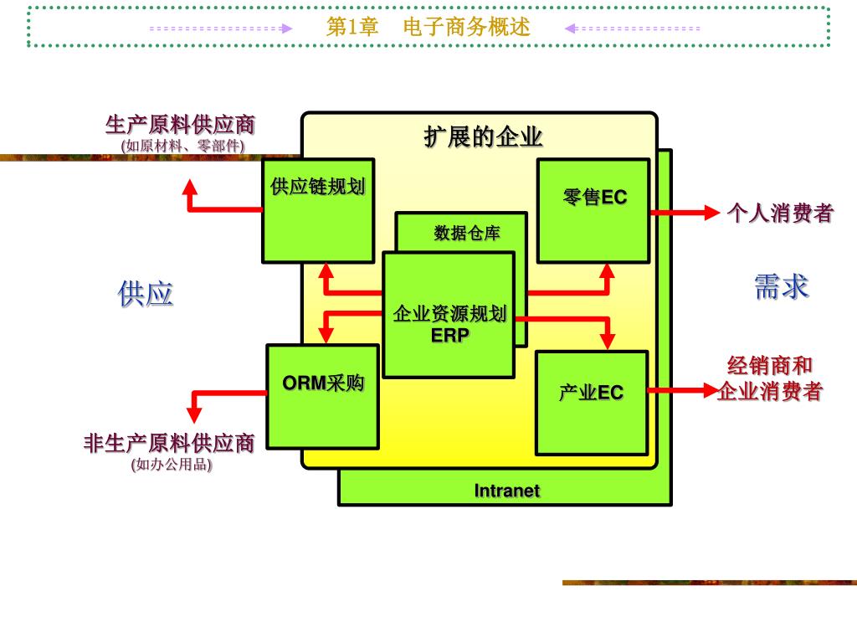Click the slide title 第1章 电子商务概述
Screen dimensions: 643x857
coord(428,28)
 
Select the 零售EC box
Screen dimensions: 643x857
coord(593,210)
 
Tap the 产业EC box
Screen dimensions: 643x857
coord(592,402)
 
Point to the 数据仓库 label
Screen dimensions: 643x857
coord(466,233)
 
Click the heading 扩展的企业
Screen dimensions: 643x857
coord(483,137)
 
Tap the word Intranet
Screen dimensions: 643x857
coord(507,491)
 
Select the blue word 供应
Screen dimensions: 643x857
coord(146,294)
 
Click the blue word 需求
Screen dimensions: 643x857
coord(781,286)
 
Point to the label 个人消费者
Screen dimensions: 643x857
coord(780,213)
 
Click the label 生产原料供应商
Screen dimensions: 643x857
coord(180,126)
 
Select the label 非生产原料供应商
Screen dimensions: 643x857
coord(168,443)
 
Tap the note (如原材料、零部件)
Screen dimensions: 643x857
coord(182,146)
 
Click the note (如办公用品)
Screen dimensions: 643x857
coord(172,464)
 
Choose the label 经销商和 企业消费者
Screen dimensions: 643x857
coord(770,378)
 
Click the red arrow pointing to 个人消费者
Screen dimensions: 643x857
coord(686,213)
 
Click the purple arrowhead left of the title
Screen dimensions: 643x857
coord(286,28)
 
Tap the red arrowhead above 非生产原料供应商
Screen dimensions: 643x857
coord(193,414)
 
